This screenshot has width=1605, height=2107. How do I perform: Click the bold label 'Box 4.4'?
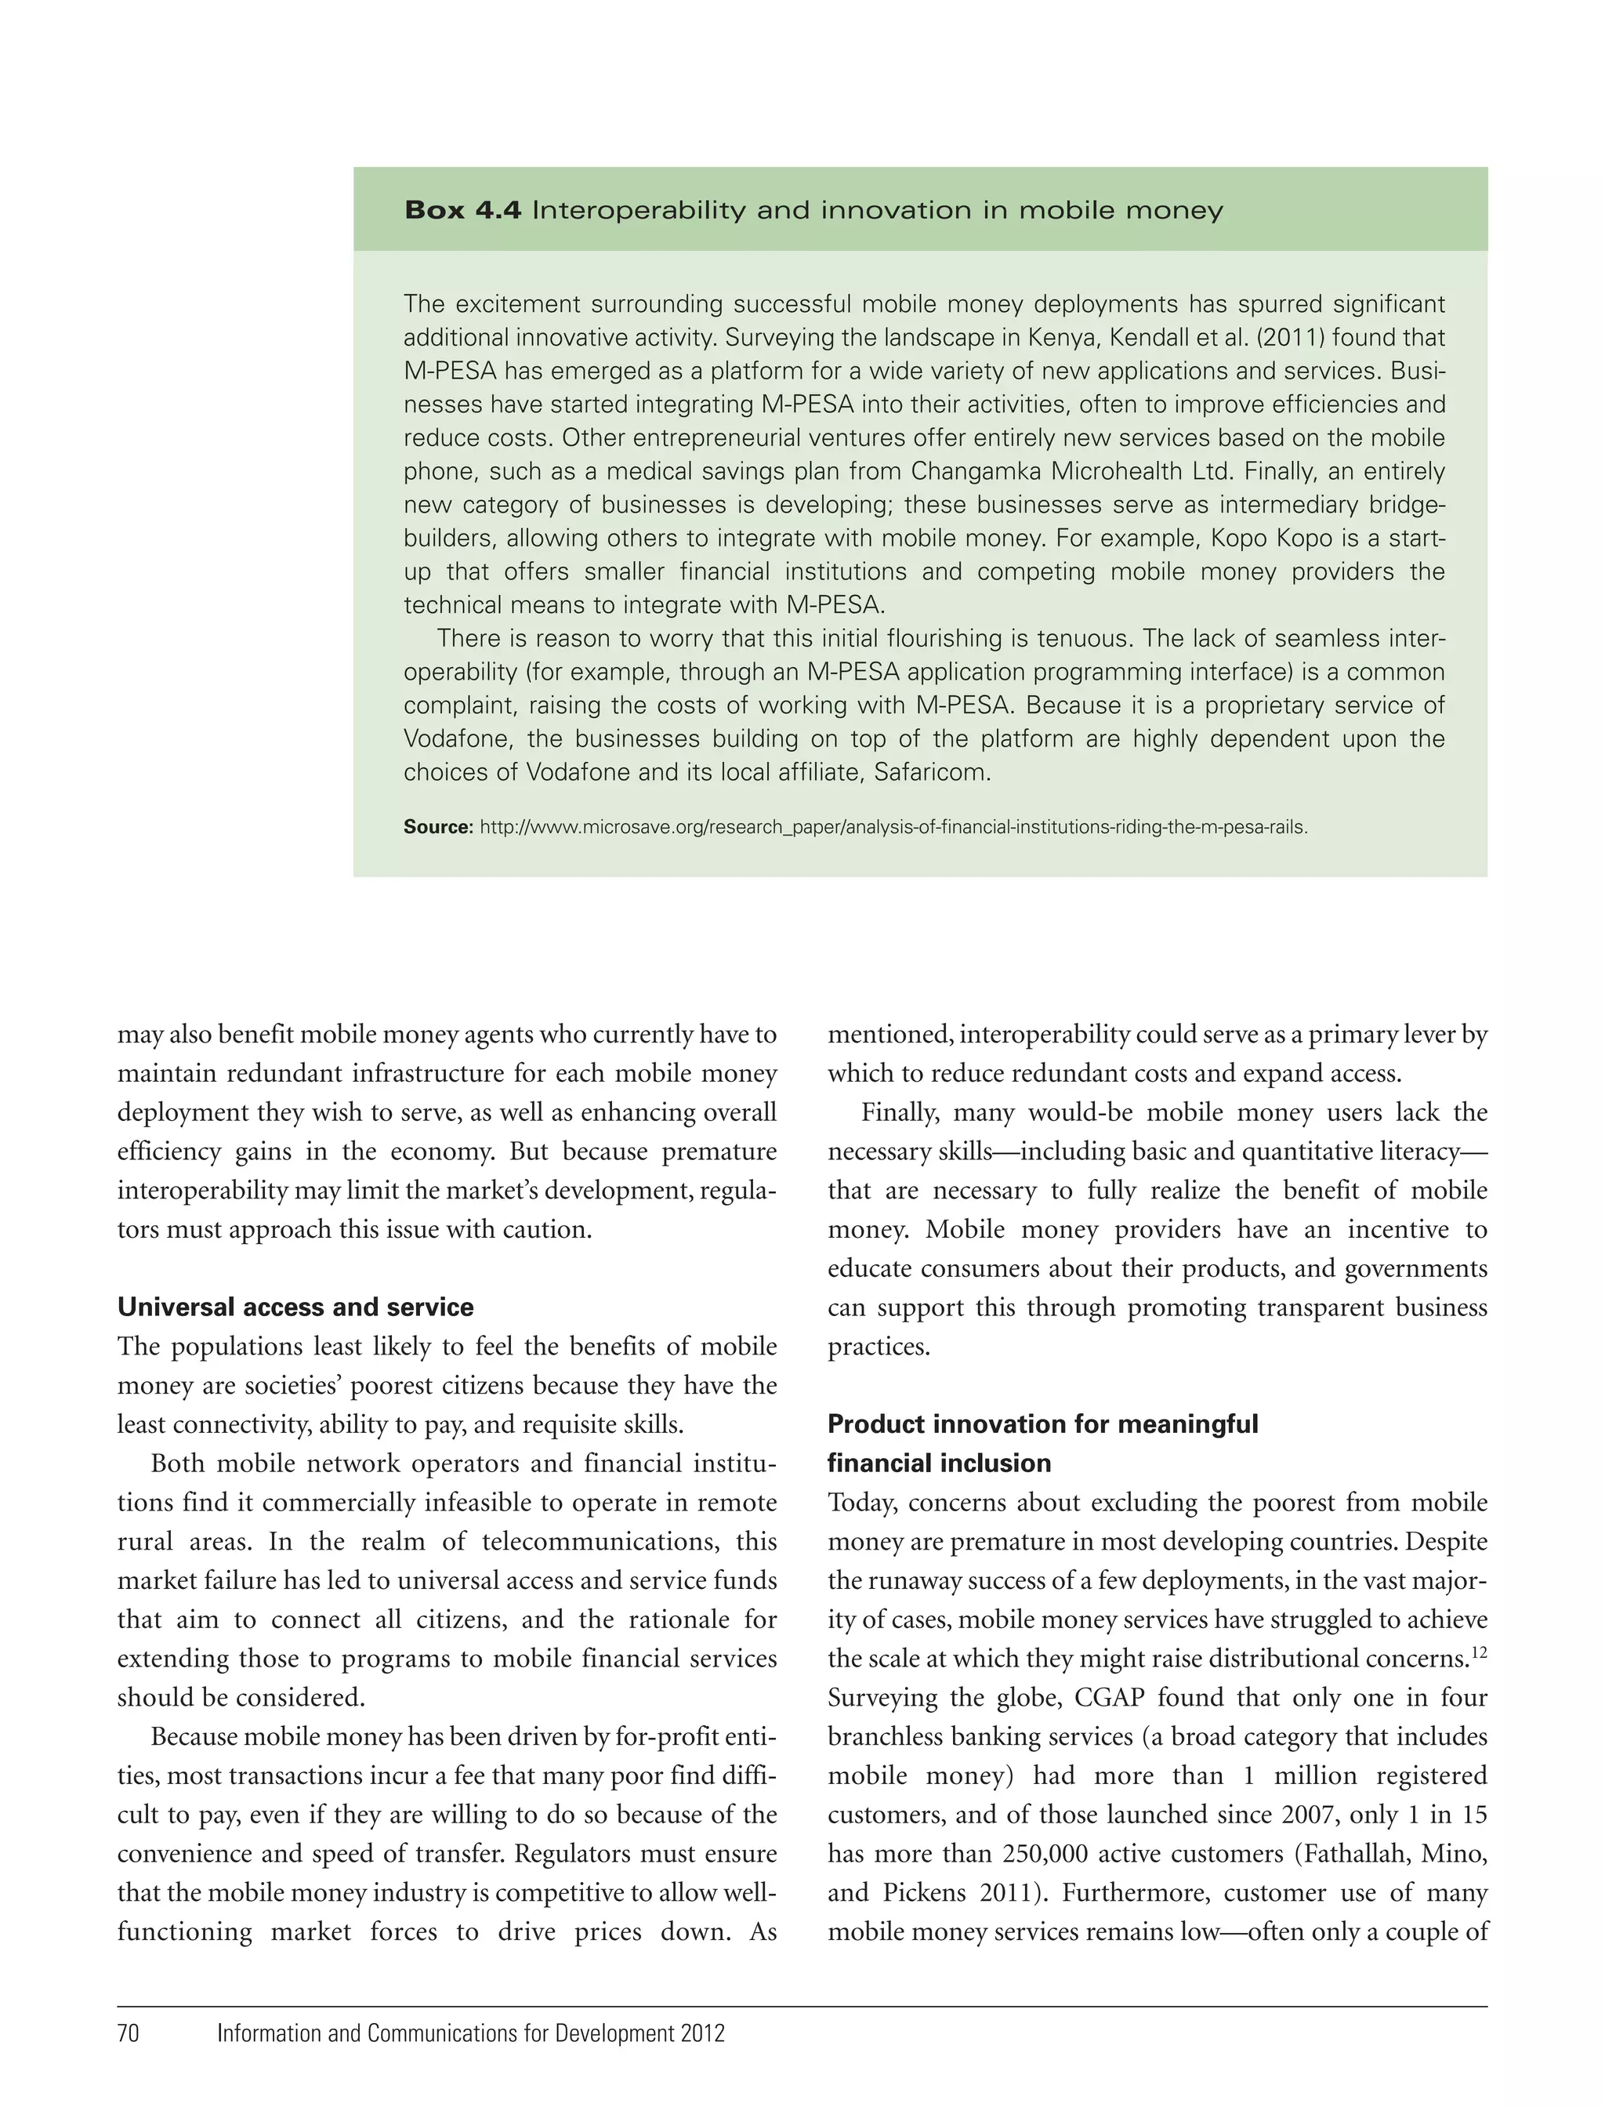point(462,210)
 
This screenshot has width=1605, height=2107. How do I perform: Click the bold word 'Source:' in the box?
point(437,826)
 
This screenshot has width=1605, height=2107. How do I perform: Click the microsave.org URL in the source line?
point(893,826)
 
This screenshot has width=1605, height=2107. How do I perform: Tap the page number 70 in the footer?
point(128,2059)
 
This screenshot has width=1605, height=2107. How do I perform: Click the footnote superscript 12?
point(1477,1652)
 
